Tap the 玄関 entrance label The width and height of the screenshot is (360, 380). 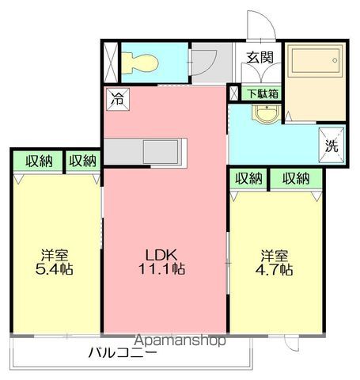260,57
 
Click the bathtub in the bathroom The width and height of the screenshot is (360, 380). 316,61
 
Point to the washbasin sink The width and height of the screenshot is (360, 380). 267,114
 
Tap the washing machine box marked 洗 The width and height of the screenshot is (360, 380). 332,145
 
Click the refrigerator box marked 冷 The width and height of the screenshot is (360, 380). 118,99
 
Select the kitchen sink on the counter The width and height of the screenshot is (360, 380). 161,152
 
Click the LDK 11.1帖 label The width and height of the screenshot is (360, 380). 161,262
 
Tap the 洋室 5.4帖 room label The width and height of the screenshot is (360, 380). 55,262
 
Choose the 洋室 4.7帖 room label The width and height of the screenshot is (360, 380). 275,262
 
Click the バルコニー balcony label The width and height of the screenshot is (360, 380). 123,352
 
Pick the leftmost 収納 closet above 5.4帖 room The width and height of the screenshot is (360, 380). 38,161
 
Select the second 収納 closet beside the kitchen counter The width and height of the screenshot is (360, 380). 83,161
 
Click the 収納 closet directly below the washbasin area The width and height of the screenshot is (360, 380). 248,178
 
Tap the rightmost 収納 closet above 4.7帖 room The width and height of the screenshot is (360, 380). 296,178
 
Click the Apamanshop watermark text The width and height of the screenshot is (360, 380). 180,340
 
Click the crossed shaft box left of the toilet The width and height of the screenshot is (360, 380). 111,63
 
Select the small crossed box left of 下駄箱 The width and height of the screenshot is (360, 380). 233,93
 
